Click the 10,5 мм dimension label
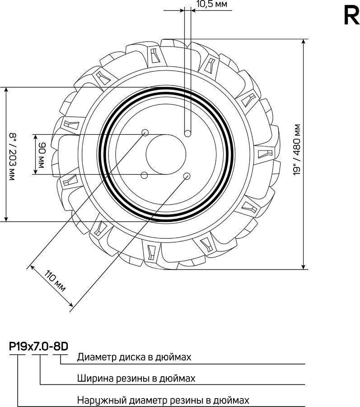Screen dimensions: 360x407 coord(212,4)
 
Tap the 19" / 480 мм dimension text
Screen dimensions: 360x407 coord(297,150)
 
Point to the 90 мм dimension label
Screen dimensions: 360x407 coord(41,155)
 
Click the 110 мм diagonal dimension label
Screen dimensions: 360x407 coord(55,281)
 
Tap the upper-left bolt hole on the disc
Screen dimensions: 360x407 coord(145,133)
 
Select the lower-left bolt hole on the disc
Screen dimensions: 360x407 coord(145,175)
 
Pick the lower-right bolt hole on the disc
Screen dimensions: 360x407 coord(187,176)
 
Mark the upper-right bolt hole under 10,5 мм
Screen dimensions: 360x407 coord(187,134)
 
